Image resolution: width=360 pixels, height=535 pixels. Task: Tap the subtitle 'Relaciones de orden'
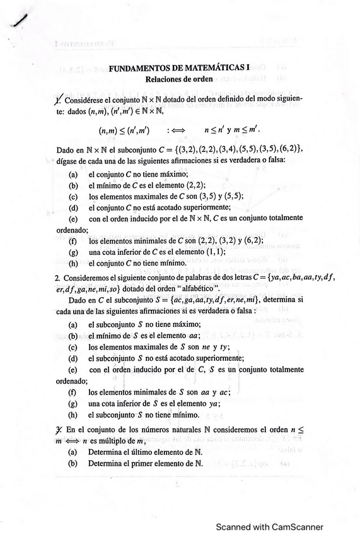[179, 79]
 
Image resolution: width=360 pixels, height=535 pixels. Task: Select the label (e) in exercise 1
[73, 218]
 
